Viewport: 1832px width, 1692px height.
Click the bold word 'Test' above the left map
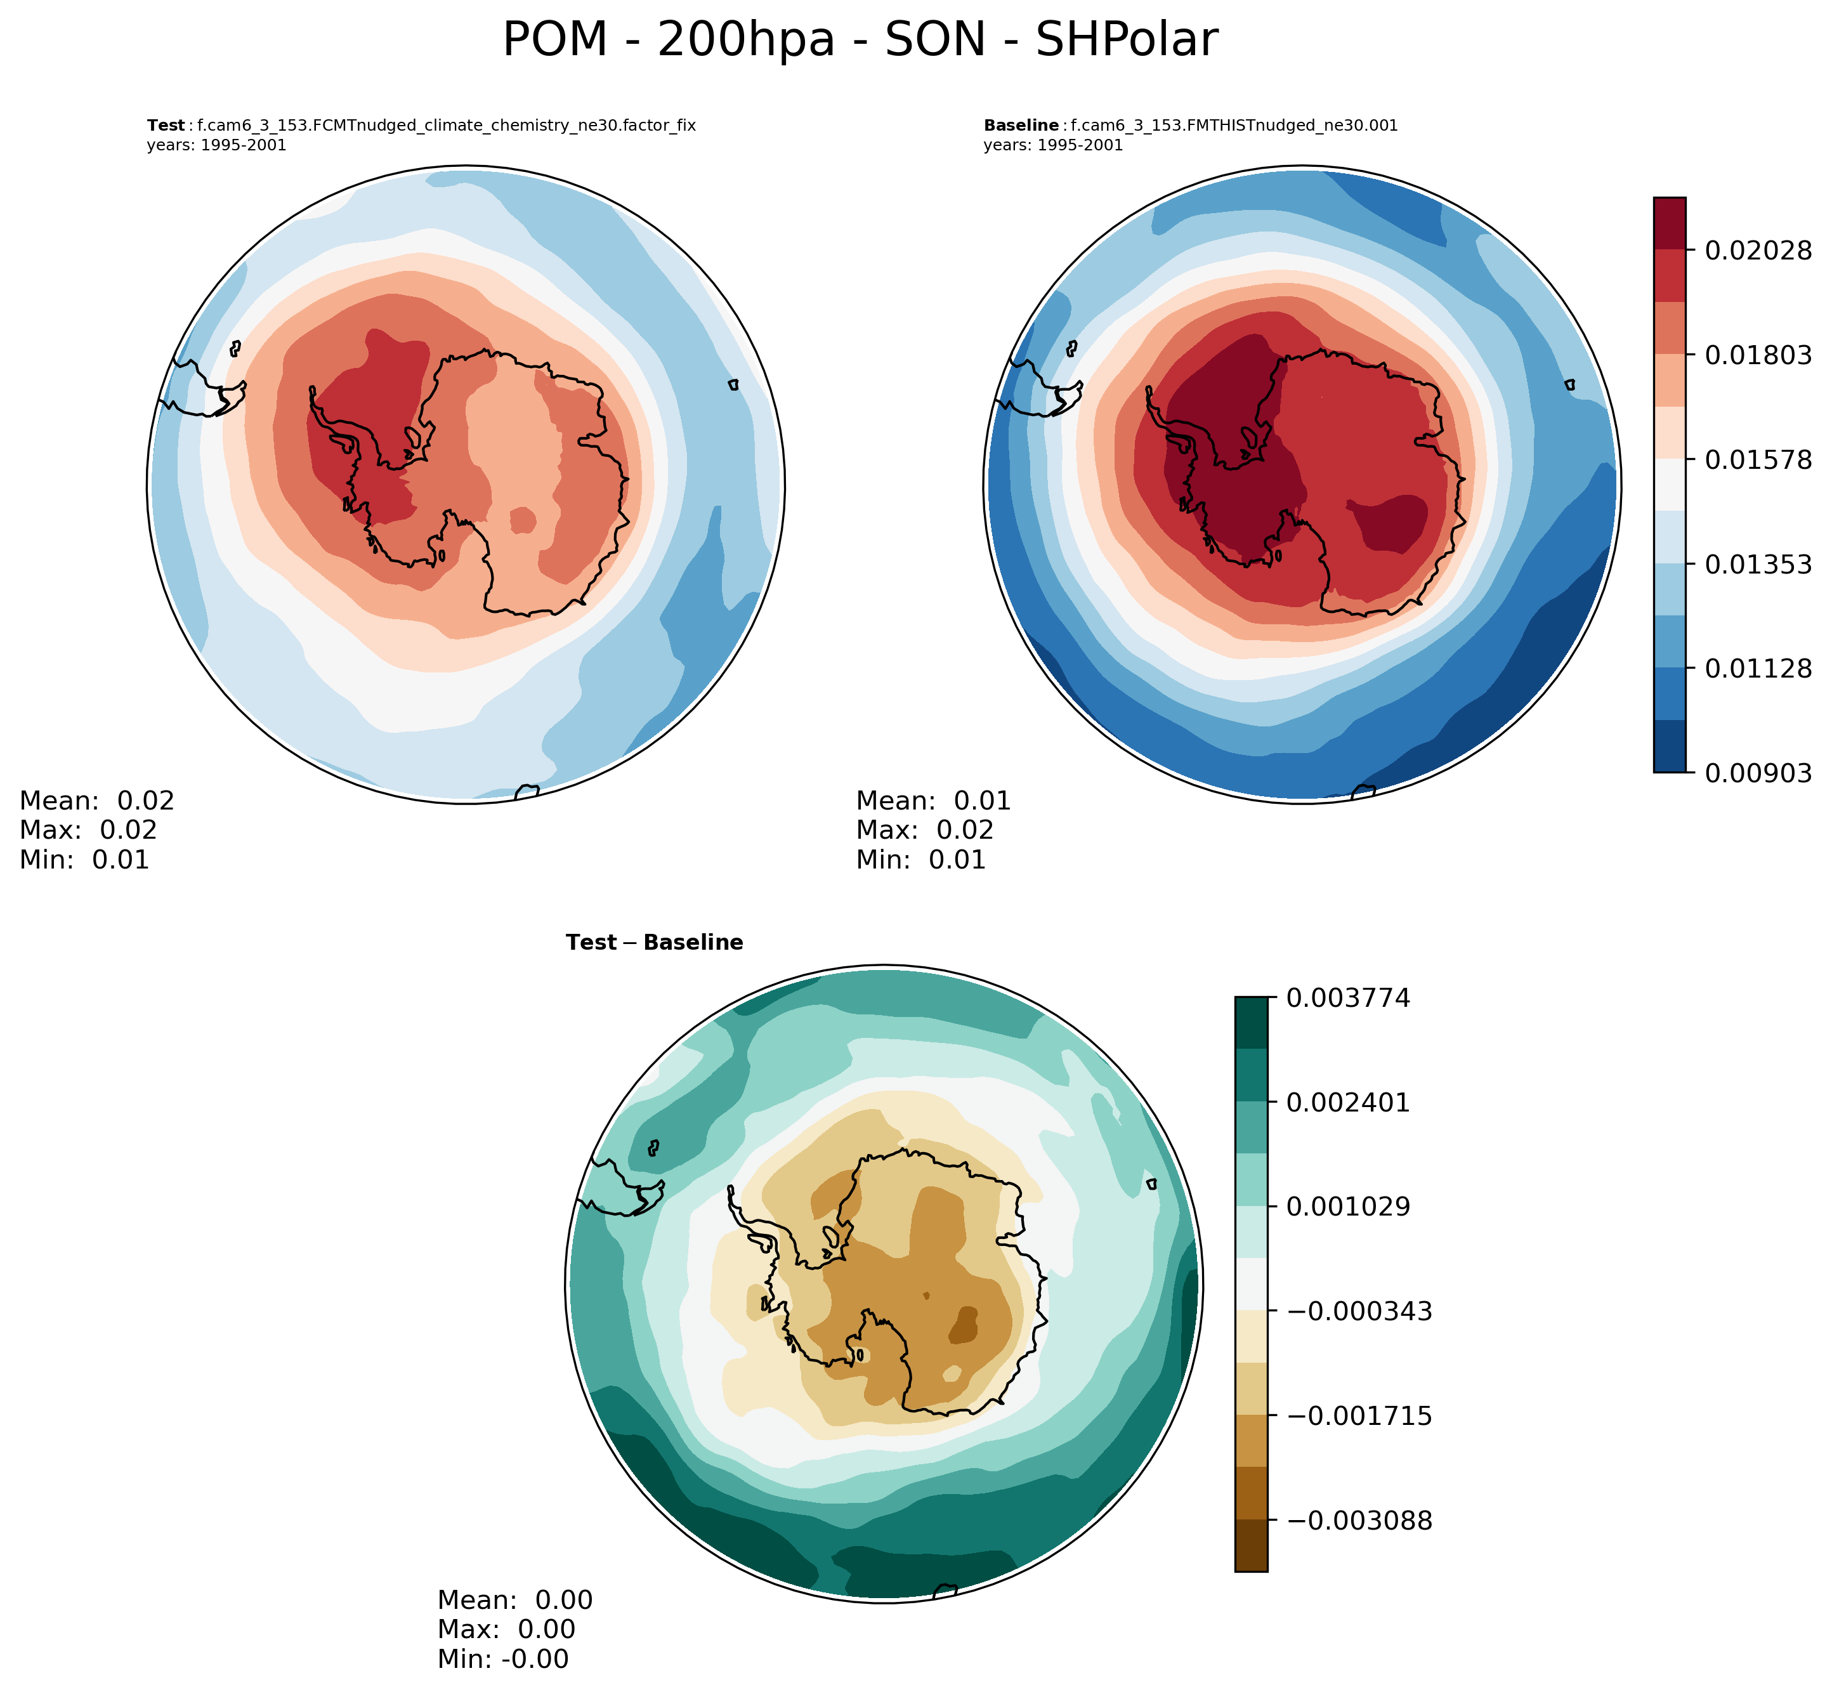tap(166, 126)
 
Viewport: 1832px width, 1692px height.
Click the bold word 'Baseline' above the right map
tap(1021, 126)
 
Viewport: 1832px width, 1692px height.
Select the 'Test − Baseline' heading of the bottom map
tap(654, 942)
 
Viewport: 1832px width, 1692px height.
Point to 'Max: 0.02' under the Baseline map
tap(925, 830)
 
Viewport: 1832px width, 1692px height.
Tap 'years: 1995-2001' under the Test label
tap(216, 145)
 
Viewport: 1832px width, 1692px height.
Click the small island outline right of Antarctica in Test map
tap(733, 386)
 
